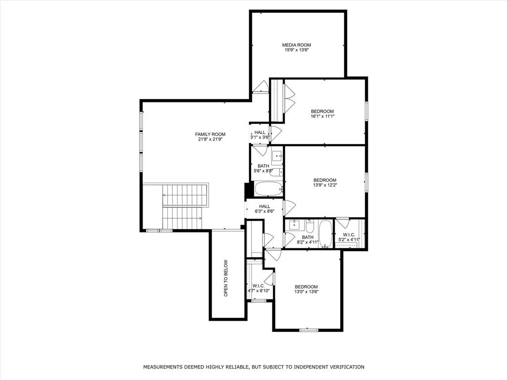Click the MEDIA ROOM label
(297, 45)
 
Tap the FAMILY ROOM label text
(210, 134)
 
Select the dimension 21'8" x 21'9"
(210, 139)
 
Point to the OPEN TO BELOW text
(226, 278)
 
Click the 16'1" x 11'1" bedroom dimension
(322, 116)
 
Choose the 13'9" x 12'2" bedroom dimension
(325, 185)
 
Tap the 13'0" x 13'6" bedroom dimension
(306, 292)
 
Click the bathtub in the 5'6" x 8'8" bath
(268, 189)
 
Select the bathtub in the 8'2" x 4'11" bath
(325, 234)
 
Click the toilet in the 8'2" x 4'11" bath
(309, 227)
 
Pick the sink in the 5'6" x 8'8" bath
(277, 156)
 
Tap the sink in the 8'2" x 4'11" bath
(296, 225)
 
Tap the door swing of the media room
(261, 87)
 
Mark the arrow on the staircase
(185, 195)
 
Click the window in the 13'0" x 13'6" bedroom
(308, 330)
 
